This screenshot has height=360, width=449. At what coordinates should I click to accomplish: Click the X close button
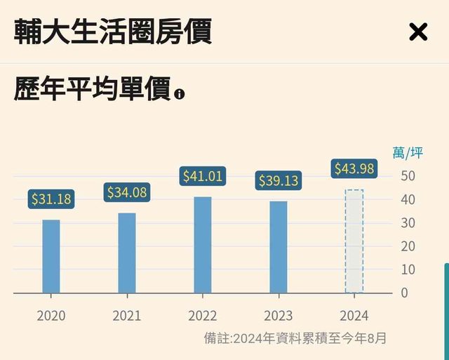click(x=417, y=32)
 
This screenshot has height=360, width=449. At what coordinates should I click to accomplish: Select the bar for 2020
click(x=51, y=256)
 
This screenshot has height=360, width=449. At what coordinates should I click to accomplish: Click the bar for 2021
click(x=127, y=253)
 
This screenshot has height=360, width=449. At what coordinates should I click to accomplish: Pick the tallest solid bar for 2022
click(x=203, y=245)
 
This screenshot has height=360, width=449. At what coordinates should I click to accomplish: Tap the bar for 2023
click(x=279, y=247)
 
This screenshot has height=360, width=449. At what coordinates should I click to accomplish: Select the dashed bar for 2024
click(x=354, y=241)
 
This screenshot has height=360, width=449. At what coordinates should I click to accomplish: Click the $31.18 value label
click(x=51, y=199)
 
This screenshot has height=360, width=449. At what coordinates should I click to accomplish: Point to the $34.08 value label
click(x=127, y=192)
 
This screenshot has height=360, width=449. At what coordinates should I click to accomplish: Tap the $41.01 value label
click(x=202, y=176)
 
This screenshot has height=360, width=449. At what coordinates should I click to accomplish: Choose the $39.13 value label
click(x=279, y=181)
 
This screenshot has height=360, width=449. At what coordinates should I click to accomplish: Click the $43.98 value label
click(x=354, y=169)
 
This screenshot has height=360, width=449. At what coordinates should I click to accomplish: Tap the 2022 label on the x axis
click(x=203, y=316)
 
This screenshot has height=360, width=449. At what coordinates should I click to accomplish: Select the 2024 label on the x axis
click(x=354, y=316)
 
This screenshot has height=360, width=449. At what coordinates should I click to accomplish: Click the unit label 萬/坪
click(x=408, y=153)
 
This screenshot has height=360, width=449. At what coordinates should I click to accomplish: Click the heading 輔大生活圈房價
click(x=113, y=32)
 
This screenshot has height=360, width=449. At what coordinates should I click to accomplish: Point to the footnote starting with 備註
click(x=295, y=338)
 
